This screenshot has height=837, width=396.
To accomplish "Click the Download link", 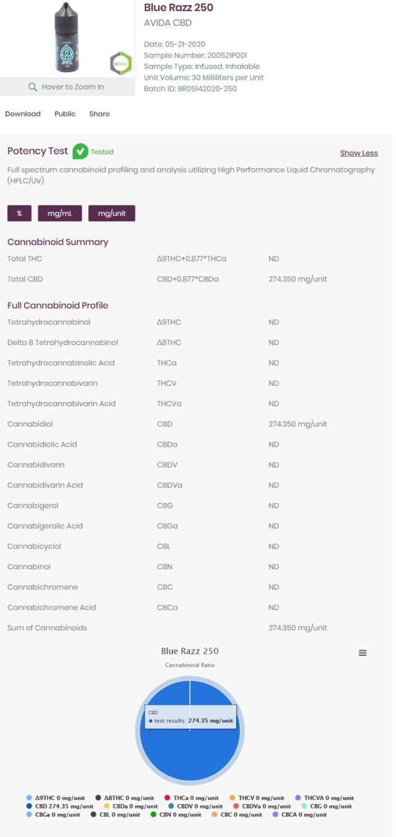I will tap(23, 114).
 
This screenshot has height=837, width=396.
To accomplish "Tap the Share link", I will tap(99, 114).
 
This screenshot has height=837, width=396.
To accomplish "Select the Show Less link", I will tap(359, 153).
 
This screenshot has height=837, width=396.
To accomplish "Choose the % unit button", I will tap(20, 213).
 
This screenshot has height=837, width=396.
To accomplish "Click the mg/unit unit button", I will tap(111, 213).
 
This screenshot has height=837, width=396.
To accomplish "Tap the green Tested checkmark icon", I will tap(80, 151).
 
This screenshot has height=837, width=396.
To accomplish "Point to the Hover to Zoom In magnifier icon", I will tap(33, 87).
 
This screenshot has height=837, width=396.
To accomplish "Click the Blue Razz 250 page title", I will tap(179, 8).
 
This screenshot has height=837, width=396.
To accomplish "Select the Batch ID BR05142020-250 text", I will tap(190, 88).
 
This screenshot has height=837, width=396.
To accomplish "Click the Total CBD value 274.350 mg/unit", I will tap(298, 279).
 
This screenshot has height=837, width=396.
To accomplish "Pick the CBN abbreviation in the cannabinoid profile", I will tap(165, 567).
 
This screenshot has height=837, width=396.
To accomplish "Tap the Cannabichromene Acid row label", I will tap(51, 607).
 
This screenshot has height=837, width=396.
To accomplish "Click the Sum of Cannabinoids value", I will tap(298, 628).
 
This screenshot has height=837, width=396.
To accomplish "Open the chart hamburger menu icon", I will tap(363, 653).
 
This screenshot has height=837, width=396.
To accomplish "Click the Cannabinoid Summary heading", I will tap(58, 242).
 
